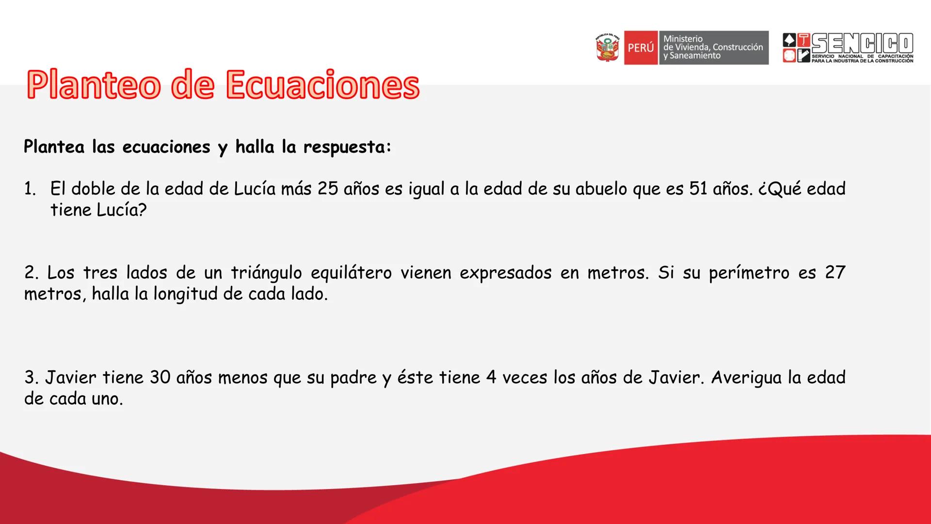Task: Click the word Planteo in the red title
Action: pos(94,85)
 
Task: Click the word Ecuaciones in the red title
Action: pos(322,84)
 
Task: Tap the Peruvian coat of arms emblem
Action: pos(608,48)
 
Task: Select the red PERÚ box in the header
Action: pos(641,48)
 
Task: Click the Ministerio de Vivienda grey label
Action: pos(713,48)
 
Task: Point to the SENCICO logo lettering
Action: pos(863,43)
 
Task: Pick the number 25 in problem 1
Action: pos(328,189)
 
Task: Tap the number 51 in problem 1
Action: pos(699,189)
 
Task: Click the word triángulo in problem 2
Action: pos(266,273)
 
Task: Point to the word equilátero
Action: pos(351,274)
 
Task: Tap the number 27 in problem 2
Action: pos(835,273)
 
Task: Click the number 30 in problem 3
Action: pos(160,377)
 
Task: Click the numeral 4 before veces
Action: pos(491,377)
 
